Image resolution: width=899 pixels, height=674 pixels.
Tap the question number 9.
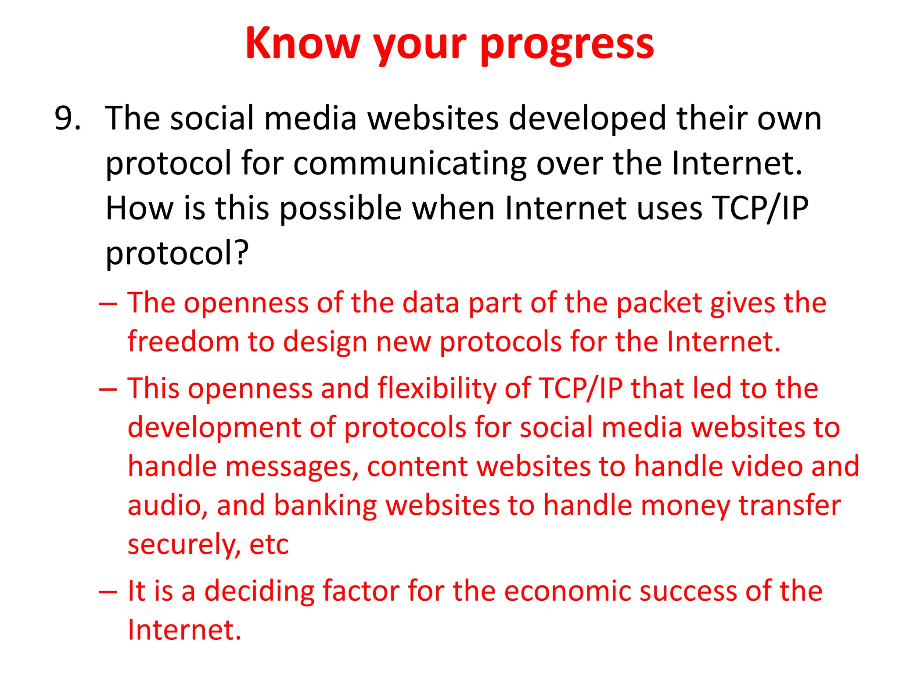point(67,118)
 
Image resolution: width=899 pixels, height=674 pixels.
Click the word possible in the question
point(341,209)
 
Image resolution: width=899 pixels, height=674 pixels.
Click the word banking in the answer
point(325,505)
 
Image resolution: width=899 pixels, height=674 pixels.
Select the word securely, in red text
point(184,545)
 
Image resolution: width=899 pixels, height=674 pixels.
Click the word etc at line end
point(269,545)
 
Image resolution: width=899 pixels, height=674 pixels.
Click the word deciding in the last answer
point(259,591)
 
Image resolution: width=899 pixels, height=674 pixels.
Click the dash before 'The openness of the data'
point(108,304)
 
